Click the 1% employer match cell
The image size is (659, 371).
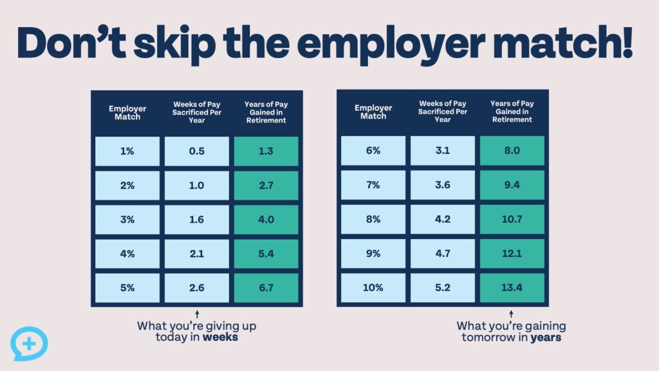point(127,151)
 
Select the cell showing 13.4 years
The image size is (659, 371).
point(512,288)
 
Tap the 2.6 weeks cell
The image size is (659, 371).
point(197,288)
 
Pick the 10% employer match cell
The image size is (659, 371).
point(373,288)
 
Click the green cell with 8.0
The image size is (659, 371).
point(512,151)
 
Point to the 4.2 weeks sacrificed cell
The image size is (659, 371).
point(443,219)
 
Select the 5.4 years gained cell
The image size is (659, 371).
point(266,254)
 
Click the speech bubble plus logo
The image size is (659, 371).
point(29,344)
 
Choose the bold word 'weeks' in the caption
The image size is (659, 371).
point(220,338)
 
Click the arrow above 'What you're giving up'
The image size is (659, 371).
point(196,314)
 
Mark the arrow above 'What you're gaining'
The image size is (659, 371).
point(512,314)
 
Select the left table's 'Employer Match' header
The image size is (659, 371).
point(127,112)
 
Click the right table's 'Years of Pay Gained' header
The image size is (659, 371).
point(512,111)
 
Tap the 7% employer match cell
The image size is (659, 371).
point(373,185)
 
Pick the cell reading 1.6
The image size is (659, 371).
point(197,219)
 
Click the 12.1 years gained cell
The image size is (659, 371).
point(512,254)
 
